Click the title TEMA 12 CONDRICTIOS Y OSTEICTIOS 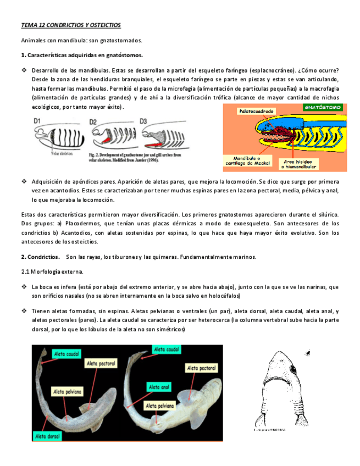(x=71, y=25)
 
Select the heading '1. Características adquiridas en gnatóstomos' (x=82, y=55)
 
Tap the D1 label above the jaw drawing (x=38, y=120)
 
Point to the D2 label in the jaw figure (x=93, y=121)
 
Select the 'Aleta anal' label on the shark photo (x=158, y=387)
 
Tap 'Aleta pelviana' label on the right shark (x=160, y=405)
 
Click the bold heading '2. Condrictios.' (x=40, y=257)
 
